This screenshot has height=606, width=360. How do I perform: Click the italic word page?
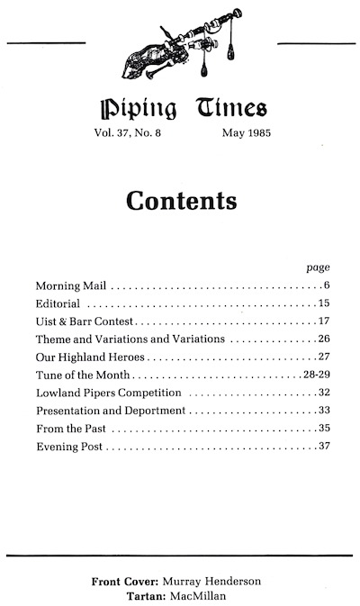319,267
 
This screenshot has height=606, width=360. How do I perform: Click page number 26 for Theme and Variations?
325,339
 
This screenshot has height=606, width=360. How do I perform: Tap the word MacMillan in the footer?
200,595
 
